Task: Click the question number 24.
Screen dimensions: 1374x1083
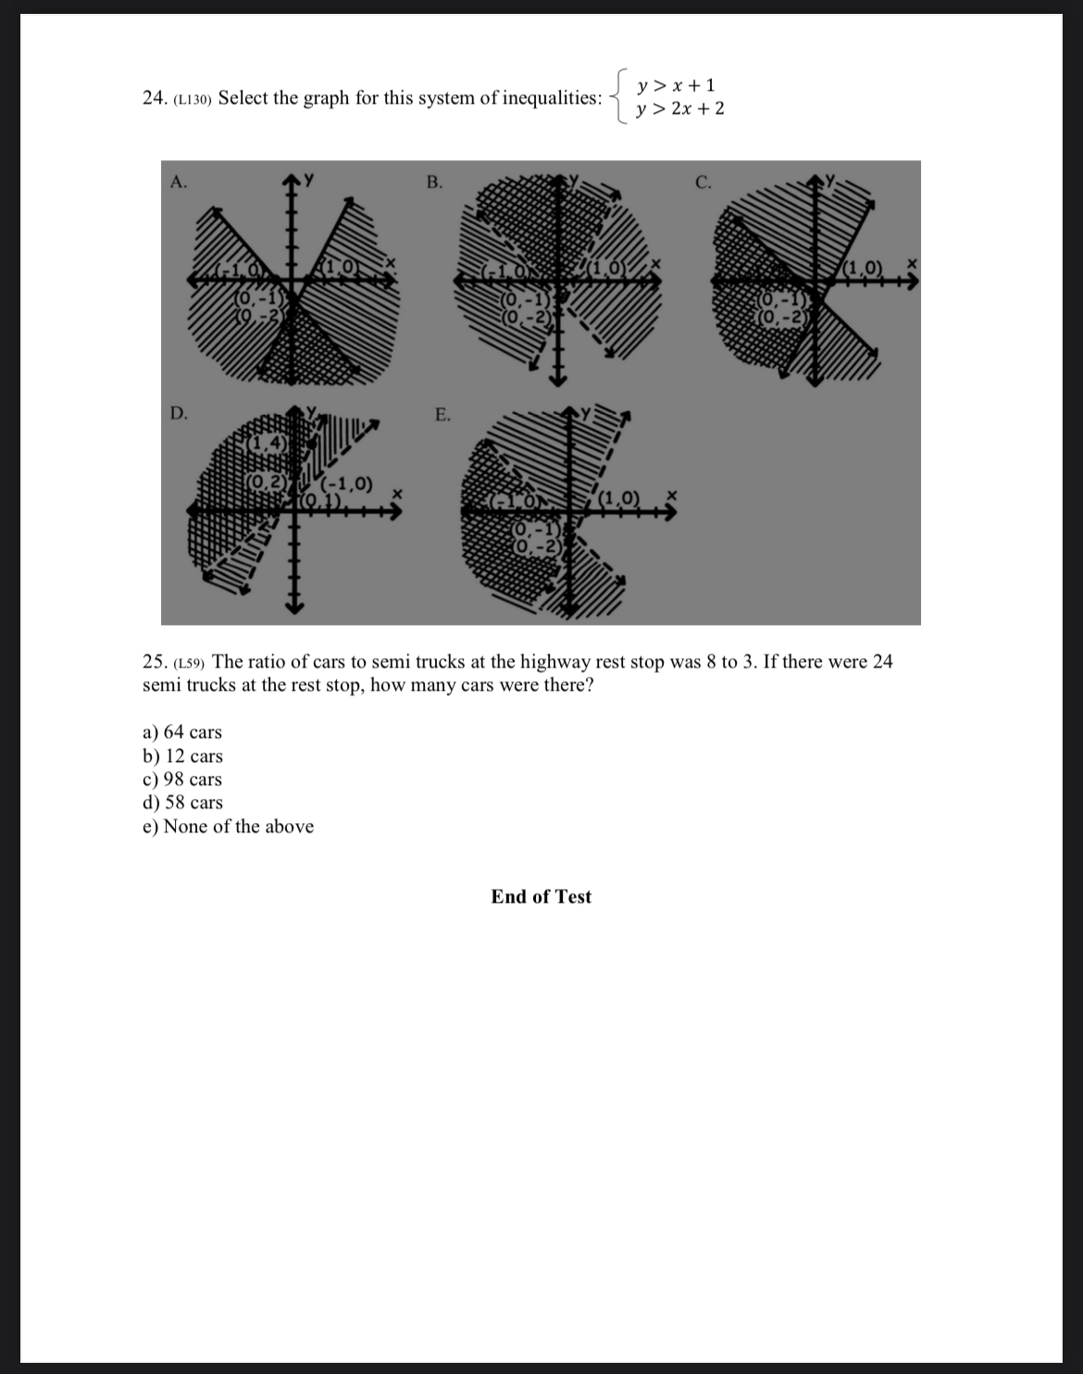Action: tap(154, 98)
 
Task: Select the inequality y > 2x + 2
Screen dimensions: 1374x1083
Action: tap(680, 109)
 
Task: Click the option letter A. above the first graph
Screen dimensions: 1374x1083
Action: tap(179, 182)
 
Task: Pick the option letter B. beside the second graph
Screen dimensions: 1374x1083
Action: tap(434, 182)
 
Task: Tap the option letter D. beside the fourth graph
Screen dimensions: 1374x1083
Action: tap(179, 414)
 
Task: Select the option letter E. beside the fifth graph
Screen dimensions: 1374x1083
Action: tap(443, 414)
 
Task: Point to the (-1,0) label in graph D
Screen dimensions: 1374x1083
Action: tap(347, 483)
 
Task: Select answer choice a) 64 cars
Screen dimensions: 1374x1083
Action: tap(182, 732)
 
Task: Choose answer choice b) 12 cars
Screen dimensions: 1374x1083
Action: tap(182, 756)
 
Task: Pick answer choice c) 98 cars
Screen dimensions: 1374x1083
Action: tap(182, 780)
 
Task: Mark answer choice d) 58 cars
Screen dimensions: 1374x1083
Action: tap(182, 803)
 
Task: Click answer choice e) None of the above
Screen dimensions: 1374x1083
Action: tap(228, 827)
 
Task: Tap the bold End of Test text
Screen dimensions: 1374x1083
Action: tap(541, 896)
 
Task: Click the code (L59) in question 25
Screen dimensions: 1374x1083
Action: tap(190, 663)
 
